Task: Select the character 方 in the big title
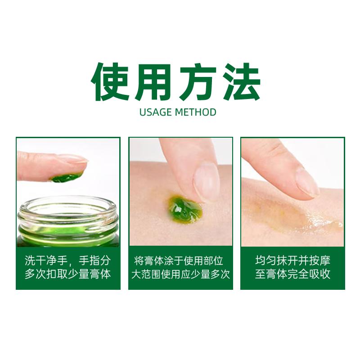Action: coord(198,82)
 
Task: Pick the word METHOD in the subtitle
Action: coord(195,112)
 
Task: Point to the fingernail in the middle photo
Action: coord(206,181)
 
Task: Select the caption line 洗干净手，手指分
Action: coord(68,261)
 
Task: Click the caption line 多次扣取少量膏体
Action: coord(68,274)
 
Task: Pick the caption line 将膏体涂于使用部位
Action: coord(179,261)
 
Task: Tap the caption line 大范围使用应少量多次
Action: coord(180,274)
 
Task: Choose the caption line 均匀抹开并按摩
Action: coord(293,261)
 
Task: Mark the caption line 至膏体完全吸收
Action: coord(293,274)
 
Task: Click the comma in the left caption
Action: coord(70,264)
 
